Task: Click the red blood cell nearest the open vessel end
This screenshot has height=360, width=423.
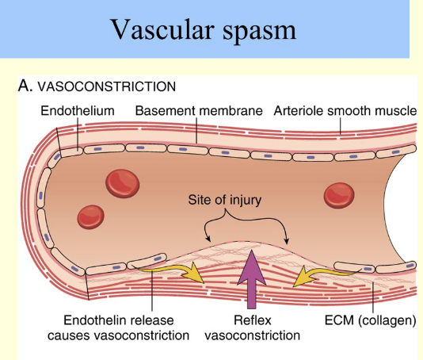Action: click(337, 193)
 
